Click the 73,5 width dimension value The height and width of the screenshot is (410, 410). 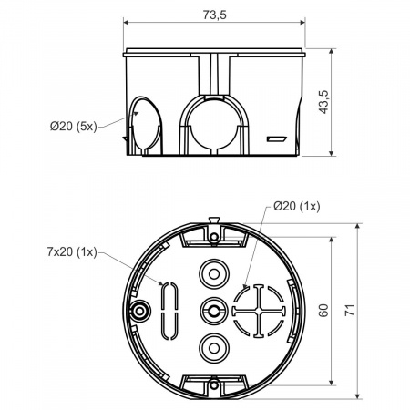click(x=215, y=15)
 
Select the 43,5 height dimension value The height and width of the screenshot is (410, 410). click(x=324, y=102)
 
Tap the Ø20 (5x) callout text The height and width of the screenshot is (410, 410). click(x=74, y=126)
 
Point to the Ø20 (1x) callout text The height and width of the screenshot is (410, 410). click(x=297, y=207)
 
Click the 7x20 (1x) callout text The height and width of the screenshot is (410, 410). click(x=72, y=251)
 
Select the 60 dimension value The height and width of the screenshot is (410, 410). click(x=324, y=311)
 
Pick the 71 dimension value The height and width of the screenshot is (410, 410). click(x=350, y=310)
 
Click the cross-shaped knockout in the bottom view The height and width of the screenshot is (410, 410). click(x=259, y=311)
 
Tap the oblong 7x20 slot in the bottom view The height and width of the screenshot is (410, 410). click(x=169, y=311)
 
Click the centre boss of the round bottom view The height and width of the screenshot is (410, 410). click(x=214, y=311)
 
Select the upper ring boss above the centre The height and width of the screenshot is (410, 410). click(x=214, y=274)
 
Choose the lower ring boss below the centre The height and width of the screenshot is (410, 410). click(x=214, y=348)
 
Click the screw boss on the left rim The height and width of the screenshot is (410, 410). click(x=139, y=311)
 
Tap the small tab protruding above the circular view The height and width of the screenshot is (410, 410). click(x=214, y=220)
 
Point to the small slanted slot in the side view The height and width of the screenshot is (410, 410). click(x=276, y=139)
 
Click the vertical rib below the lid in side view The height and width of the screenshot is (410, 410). click(x=214, y=75)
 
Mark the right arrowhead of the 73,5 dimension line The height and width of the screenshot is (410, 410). click(x=302, y=22)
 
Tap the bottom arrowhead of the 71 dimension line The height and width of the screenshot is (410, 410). click(x=358, y=395)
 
